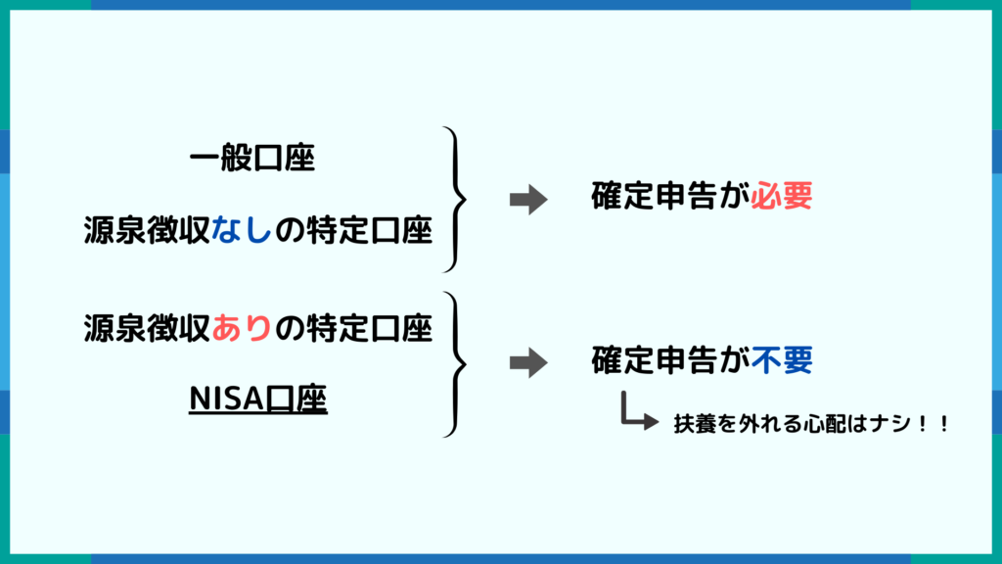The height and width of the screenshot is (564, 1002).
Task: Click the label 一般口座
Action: pyautogui.click(x=252, y=158)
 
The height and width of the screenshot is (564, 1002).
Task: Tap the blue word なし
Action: pyautogui.click(x=243, y=230)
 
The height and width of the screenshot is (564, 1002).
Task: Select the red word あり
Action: pyautogui.click(x=243, y=329)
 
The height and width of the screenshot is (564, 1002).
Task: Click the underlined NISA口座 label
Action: pyautogui.click(x=258, y=399)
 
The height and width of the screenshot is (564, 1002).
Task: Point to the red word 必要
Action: pyautogui.click(x=782, y=196)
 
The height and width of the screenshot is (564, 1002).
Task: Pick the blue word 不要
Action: pyautogui.click(x=782, y=359)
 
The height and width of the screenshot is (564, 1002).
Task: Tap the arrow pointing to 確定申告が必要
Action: pyautogui.click(x=528, y=200)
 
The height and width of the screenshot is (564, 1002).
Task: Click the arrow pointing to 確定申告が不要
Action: pyautogui.click(x=528, y=363)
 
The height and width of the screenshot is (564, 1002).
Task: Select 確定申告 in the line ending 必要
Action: pyautogui.click(x=654, y=196)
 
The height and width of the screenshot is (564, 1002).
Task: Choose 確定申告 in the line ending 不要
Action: pyautogui.click(x=654, y=359)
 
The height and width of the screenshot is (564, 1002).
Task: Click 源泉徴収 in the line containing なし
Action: pyautogui.click(x=147, y=230)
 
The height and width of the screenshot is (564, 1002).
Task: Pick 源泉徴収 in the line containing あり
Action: pyautogui.click(x=147, y=329)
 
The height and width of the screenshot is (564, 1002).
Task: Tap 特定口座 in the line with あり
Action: pyautogui.click(x=369, y=329)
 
